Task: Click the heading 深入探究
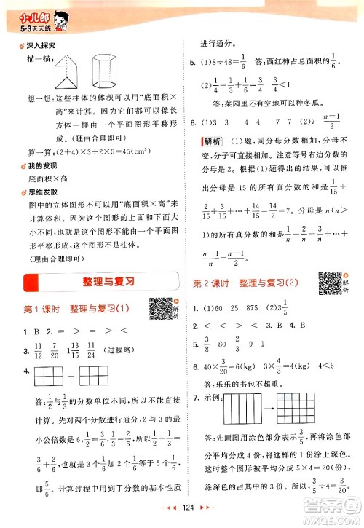(44, 46)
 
